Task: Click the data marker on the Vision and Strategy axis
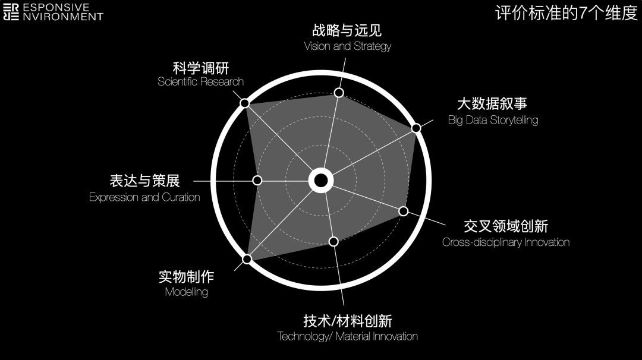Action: click(339, 92)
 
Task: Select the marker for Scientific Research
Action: click(244, 103)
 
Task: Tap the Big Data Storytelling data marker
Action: click(416, 128)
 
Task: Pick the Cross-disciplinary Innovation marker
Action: click(403, 211)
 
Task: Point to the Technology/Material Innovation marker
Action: click(333, 241)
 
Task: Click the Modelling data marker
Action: click(247, 258)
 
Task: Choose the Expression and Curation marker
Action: click(257, 181)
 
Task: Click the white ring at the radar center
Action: click(320, 181)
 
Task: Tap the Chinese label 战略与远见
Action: click(347, 30)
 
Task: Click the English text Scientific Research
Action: click(200, 82)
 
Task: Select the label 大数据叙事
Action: click(492, 104)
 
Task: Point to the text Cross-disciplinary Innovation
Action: click(505, 242)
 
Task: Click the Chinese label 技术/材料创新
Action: click(347, 321)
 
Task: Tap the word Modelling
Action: click(186, 292)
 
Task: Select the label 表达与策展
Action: click(144, 181)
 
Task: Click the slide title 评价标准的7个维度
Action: click(566, 13)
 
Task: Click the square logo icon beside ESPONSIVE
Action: click(11, 12)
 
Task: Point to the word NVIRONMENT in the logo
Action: click(63, 17)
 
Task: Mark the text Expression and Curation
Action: click(144, 197)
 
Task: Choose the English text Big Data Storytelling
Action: click(493, 120)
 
